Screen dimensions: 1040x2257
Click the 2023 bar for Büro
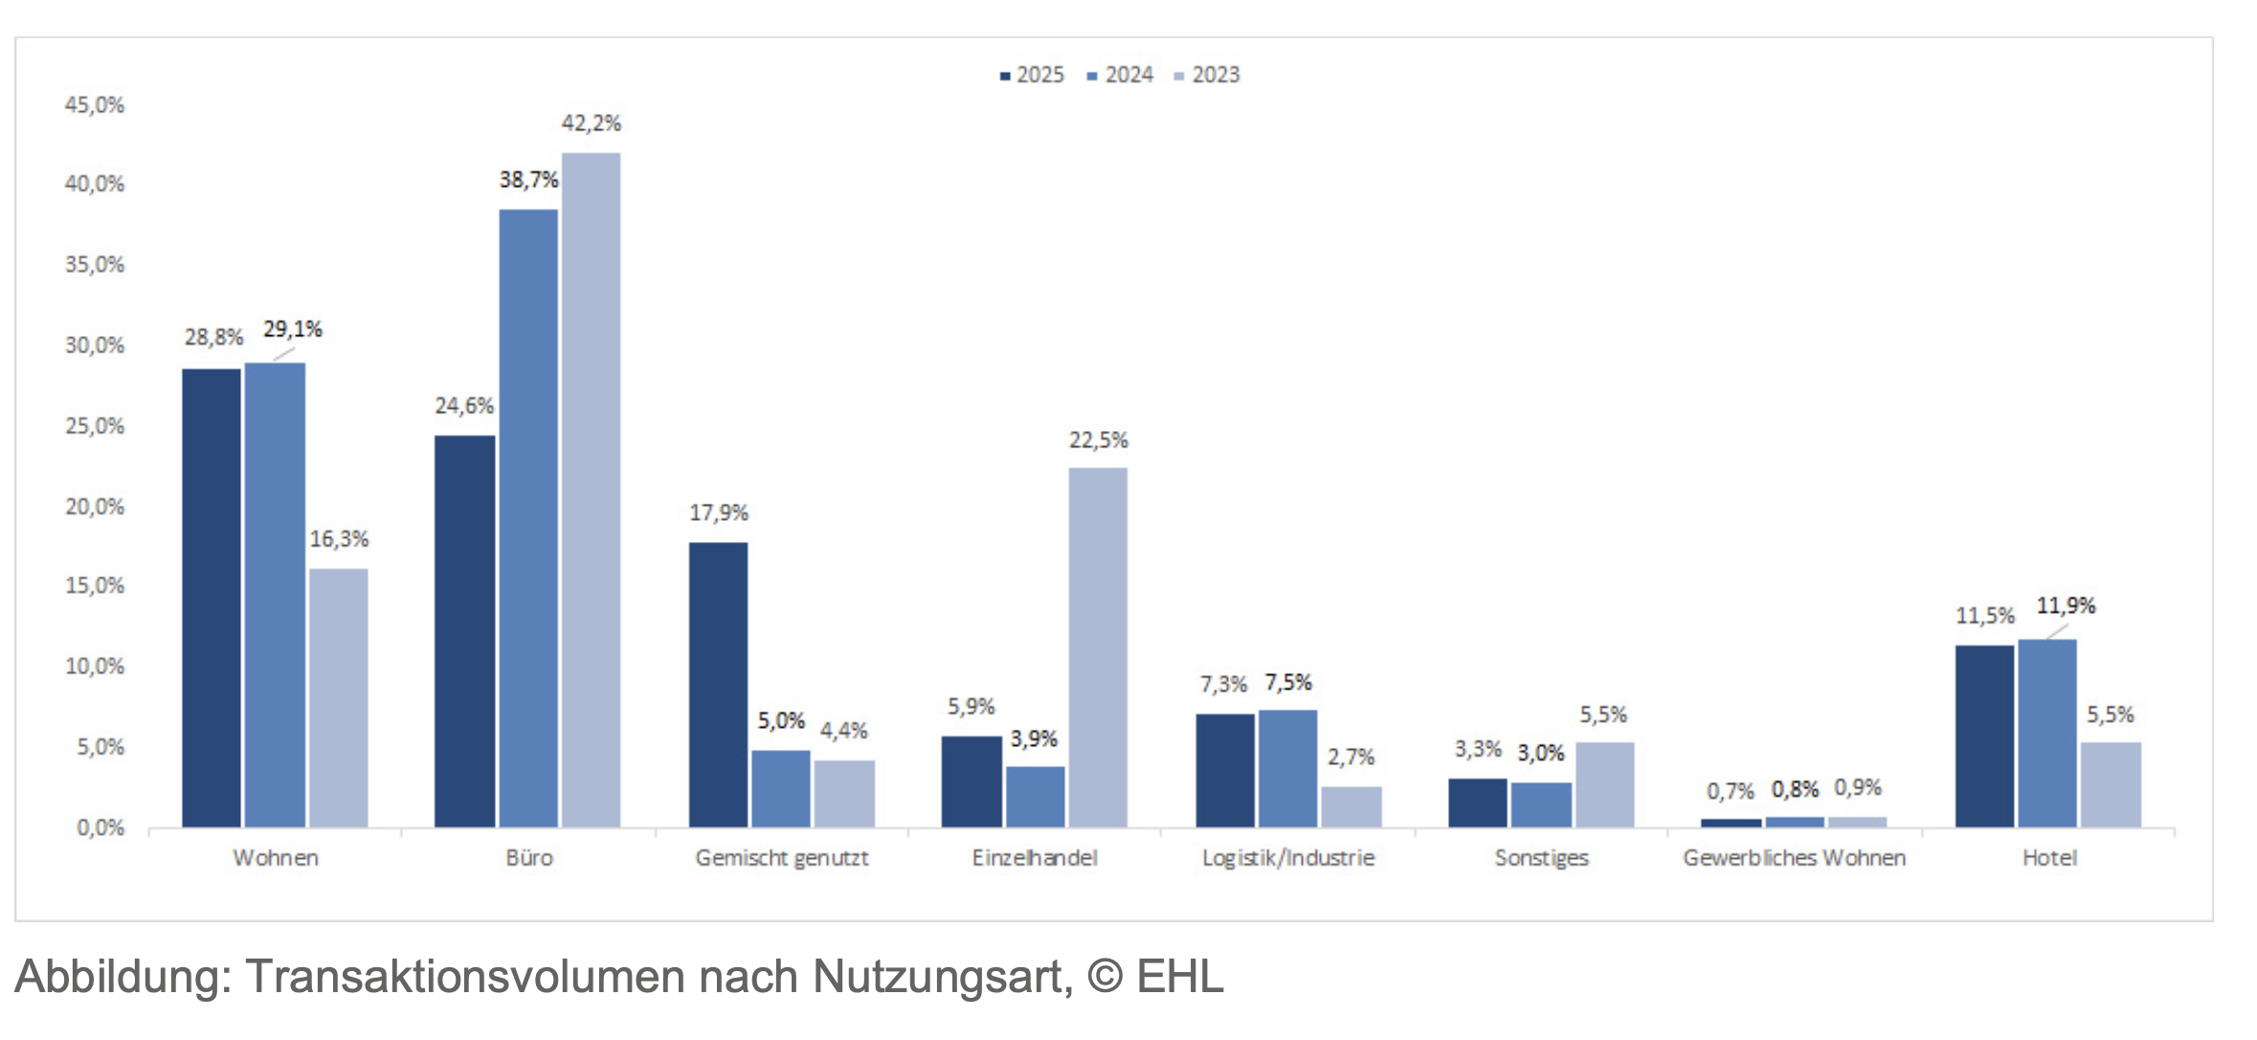[x=591, y=489]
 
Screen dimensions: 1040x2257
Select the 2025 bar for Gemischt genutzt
[x=718, y=685]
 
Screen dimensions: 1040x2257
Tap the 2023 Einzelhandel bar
[x=1098, y=647]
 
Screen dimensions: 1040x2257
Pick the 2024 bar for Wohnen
[x=275, y=595]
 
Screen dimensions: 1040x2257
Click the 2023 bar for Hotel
[x=2111, y=784]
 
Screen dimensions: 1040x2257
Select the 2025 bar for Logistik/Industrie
[x=1224, y=770]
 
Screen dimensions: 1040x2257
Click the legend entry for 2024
[x=1121, y=75]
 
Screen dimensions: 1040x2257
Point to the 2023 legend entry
[x=1207, y=75]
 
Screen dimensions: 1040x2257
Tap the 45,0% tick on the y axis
[x=94, y=104]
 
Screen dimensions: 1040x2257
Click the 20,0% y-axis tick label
[x=94, y=506]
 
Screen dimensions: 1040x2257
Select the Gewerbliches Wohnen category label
[x=1794, y=857]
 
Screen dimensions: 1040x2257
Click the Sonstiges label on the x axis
[x=1541, y=857]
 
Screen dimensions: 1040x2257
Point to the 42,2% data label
[x=591, y=123]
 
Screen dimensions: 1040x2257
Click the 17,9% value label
[x=718, y=512]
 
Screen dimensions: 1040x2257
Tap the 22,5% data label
[x=1098, y=440]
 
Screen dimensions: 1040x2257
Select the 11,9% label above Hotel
[x=2065, y=605]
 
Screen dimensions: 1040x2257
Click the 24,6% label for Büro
[x=463, y=405]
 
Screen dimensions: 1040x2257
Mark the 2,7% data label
[x=1350, y=757]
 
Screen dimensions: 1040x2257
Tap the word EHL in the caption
[x=1179, y=977]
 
